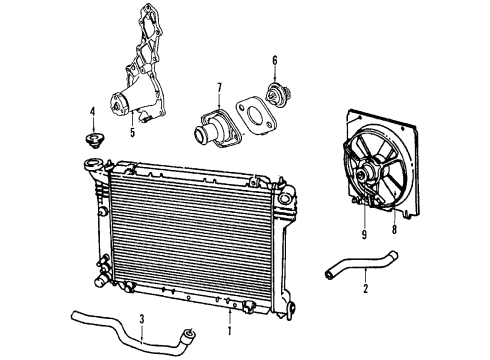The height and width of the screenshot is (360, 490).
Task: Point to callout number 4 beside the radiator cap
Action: [92, 111]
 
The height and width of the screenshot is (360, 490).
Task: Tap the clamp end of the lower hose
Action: [188, 336]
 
